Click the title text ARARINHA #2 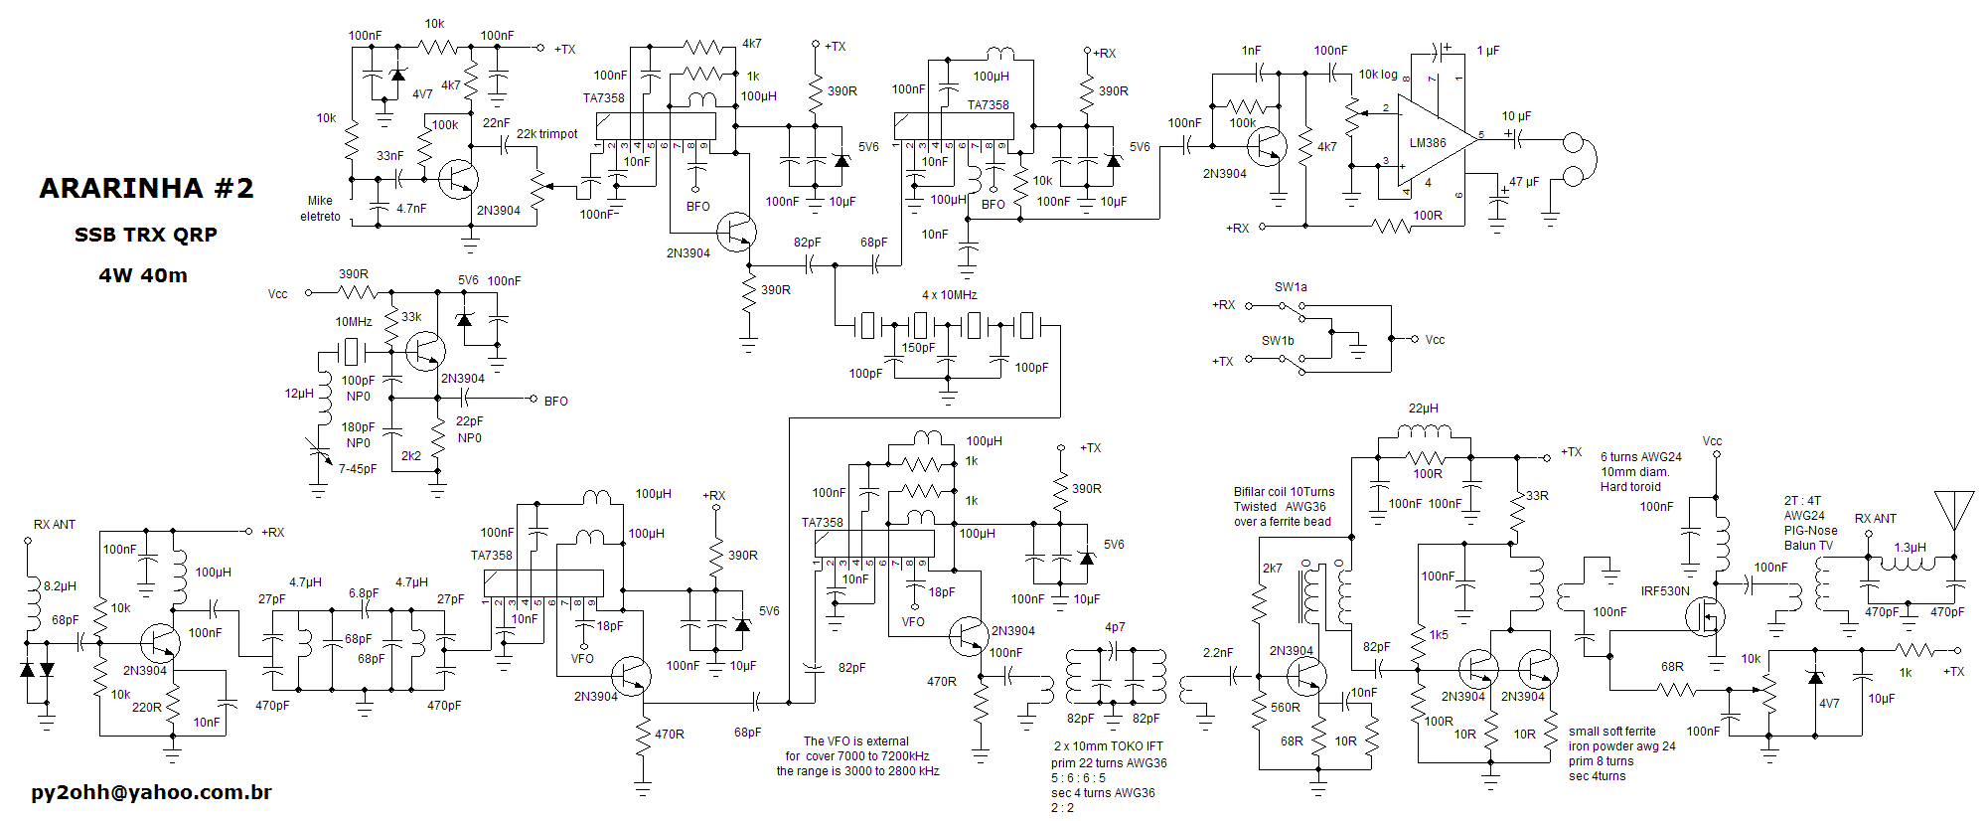click(146, 188)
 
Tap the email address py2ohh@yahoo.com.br click(151, 792)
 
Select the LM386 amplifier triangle click(1431, 141)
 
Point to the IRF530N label click(1664, 590)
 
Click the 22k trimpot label click(546, 133)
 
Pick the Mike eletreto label click(320, 208)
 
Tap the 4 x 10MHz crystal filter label click(949, 295)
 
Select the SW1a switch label click(1291, 287)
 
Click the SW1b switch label click(1278, 340)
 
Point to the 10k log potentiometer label click(1377, 75)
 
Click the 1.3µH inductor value click(1910, 548)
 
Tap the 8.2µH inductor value click(60, 586)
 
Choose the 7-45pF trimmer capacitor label click(358, 468)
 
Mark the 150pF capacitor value click(918, 348)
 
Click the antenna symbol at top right click(1953, 510)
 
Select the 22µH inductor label click(1423, 409)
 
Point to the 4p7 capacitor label click(1115, 627)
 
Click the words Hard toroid click(1630, 487)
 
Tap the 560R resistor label click(1285, 708)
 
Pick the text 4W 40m click(143, 275)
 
